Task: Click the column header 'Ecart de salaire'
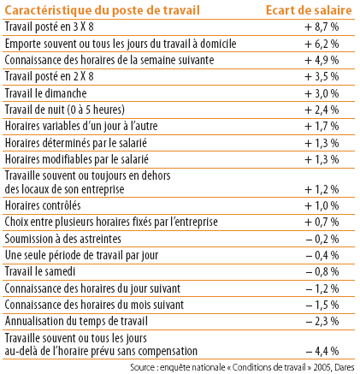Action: pyautogui.click(x=309, y=10)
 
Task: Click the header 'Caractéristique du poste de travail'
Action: pyautogui.click(x=103, y=10)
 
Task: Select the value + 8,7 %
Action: pyautogui.click(x=322, y=27)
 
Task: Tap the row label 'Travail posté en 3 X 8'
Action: pyautogui.click(x=50, y=27)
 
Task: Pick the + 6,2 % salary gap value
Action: pyautogui.click(x=322, y=44)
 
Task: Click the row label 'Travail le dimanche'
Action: pyautogui.click(x=46, y=93)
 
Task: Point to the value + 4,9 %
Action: pyautogui.click(x=322, y=60)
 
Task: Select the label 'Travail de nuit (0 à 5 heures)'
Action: pyautogui.click(x=65, y=110)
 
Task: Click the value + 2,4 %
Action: pyautogui.click(x=322, y=110)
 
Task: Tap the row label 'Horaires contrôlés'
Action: pyautogui.click(x=43, y=205)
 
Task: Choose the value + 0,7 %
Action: pyautogui.click(x=322, y=222)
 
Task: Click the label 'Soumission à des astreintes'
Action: pyautogui.click(x=63, y=239)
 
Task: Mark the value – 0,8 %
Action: pyautogui.click(x=322, y=271)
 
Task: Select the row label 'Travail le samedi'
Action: pyautogui.click(x=40, y=271)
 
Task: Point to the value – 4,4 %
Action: pyautogui.click(x=322, y=351)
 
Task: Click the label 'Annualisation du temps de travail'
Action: pyautogui.click(x=76, y=321)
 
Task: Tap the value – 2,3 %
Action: pyautogui.click(x=322, y=321)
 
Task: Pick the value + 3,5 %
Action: pyautogui.click(x=322, y=77)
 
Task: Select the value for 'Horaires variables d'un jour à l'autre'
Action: pyautogui.click(x=322, y=126)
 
